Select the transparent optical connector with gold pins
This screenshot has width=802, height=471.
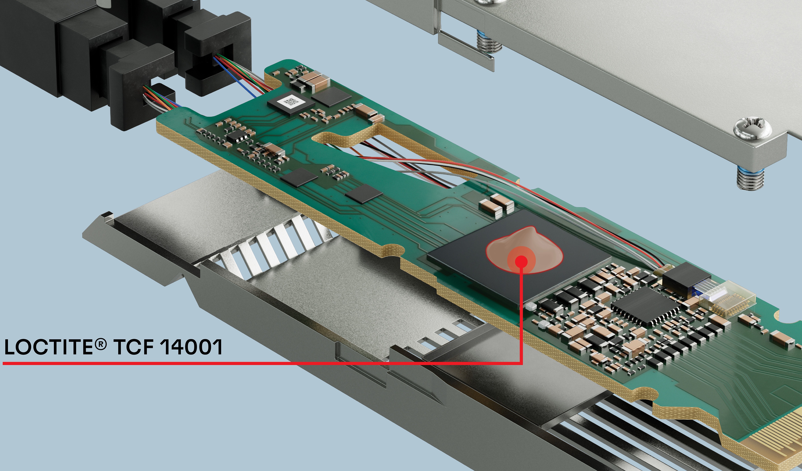pos(727,299)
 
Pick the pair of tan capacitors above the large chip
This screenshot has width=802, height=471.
pos(497,204)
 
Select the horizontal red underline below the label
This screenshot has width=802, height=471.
pos(262,363)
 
